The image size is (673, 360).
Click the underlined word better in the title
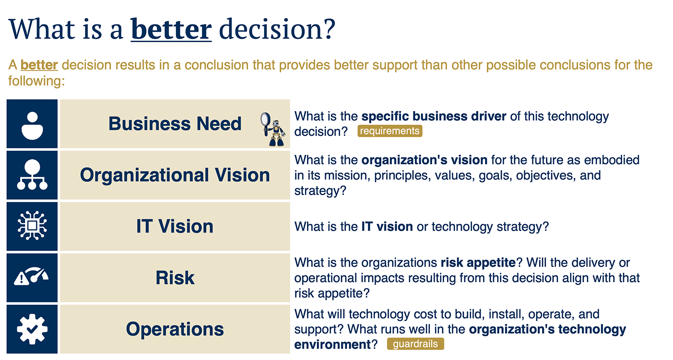[171, 29]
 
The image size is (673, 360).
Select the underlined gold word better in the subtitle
[39, 65]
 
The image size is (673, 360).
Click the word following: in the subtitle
[36, 81]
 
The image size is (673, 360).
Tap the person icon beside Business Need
[32, 125]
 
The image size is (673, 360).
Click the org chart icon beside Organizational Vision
[32, 175]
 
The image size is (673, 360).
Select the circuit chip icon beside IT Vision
[32, 225]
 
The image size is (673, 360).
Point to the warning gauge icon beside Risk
[31, 276]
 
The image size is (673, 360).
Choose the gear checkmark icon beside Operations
[32, 329]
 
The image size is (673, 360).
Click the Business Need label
[175, 124]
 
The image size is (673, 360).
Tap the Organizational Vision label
[175, 175]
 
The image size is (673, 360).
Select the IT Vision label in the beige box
[175, 226]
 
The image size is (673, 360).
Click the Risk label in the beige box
[175, 278]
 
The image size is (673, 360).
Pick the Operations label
[175, 329]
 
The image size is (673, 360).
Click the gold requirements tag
[390, 131]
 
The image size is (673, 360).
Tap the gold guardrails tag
[415, 344]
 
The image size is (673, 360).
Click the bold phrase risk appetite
[478, 263]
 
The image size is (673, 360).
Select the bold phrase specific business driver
[434, 116]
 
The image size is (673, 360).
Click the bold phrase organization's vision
[424, 160]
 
